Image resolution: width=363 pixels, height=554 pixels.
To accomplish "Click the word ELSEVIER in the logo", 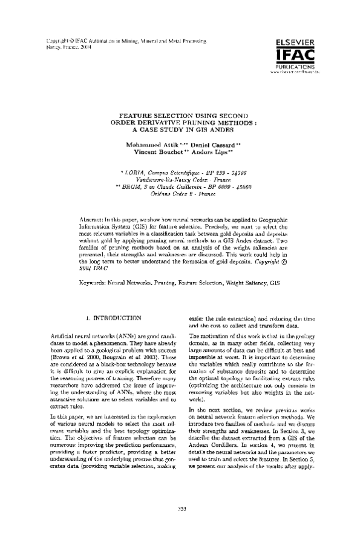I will click(294, 42).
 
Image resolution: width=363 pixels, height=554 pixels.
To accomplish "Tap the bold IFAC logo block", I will click(294, 54).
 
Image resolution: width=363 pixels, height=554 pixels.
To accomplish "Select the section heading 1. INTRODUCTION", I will click(114, 317).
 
